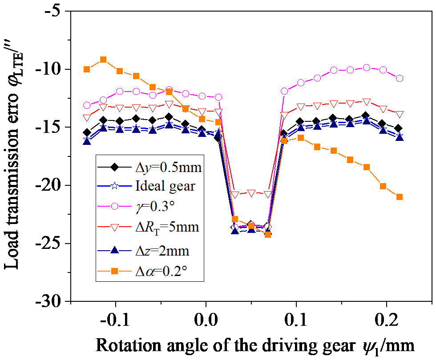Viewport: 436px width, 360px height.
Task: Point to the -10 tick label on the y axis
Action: click(x=51, y=69)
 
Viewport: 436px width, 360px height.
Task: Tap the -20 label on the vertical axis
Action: click(x=51, y=185)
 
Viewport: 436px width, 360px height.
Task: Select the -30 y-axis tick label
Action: click(x=51, y=302)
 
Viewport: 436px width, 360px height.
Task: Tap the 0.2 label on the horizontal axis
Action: click(x=386, y=320)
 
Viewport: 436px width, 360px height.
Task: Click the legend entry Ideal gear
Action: click(x=165, y=185)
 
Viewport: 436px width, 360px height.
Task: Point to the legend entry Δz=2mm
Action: click(x=162, y=251)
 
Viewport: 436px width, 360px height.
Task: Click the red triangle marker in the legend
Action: click(x=114, y=228)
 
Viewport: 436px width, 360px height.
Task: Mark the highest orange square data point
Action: click(x=103, y=60)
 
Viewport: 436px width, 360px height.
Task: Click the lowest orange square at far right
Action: click(x=400, y=197)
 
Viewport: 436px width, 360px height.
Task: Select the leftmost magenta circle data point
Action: click(x=87, y=105)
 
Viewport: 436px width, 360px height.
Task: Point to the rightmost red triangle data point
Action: click(x=400, y=114)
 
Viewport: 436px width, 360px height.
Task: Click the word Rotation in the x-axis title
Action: click(x=121, y=345)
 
